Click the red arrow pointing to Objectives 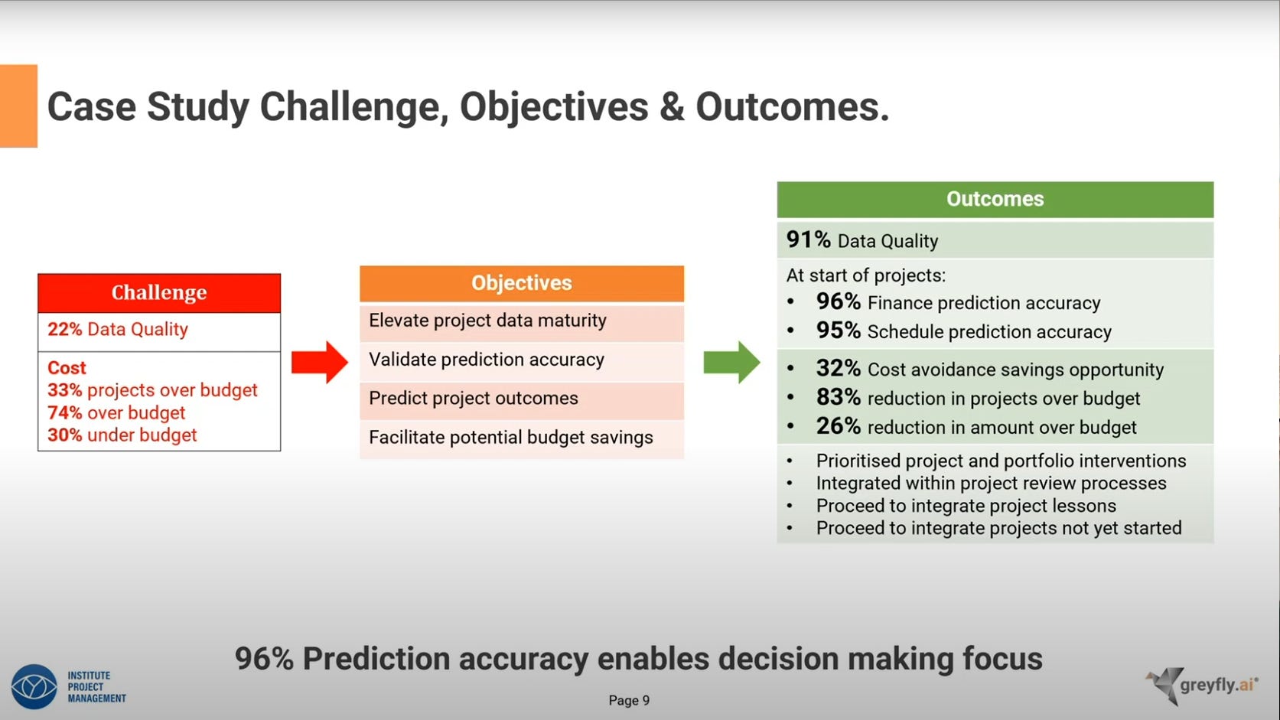[x=320, y=362]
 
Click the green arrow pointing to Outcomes [x=731, y=362]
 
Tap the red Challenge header [x=159, y=293]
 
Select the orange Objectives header [x=521, y=283]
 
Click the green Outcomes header [x=995, y=200]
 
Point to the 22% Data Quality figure [x=65, y=330]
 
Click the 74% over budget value [x=65, y=413]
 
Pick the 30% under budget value [x=65, y=435]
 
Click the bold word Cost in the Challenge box [x=67, y=368]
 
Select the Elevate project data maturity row [x=521, y=321]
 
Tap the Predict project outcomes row [x=521, y=399]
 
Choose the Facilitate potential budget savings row [x=521, y=438]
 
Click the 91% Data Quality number [x=808, y=240]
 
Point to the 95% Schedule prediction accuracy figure [x=838, y=331]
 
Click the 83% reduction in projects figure [x=838, y=397]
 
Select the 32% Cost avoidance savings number [x=838, y=368]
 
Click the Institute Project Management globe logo [x=34, y=686]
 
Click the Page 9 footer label [x=629, y=700]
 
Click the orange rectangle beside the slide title [x=18, y=106]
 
